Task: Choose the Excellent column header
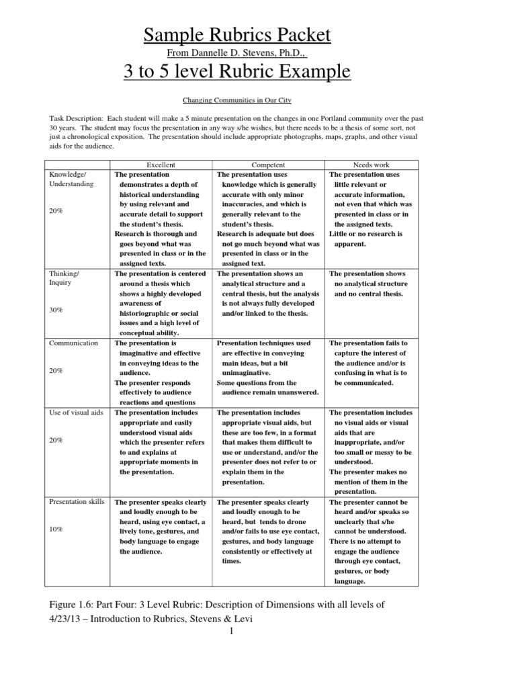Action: click(161, 164)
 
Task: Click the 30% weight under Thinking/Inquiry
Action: click(56, 310)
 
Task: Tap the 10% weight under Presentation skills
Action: click(56, 529)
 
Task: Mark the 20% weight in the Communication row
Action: click(56, 370)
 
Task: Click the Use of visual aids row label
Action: click(77, 412)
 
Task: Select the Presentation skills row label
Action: click(77, 501)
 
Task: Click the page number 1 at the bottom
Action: click(230, 630)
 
